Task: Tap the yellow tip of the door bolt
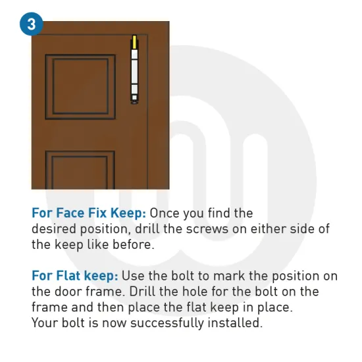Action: tap(134, 43)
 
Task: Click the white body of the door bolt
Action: tap(134, 72)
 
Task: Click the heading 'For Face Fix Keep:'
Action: tap(89, 213)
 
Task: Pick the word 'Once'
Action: tap(165, 213)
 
